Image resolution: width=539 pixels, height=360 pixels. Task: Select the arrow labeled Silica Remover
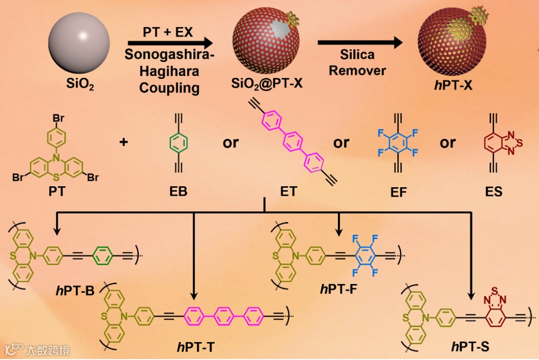tap(360, 43)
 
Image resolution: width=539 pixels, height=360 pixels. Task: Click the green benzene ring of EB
tap(178, 143)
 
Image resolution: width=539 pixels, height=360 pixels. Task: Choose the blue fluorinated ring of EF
tap(397, 144)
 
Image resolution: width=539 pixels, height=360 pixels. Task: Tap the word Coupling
tap(169, 88)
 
